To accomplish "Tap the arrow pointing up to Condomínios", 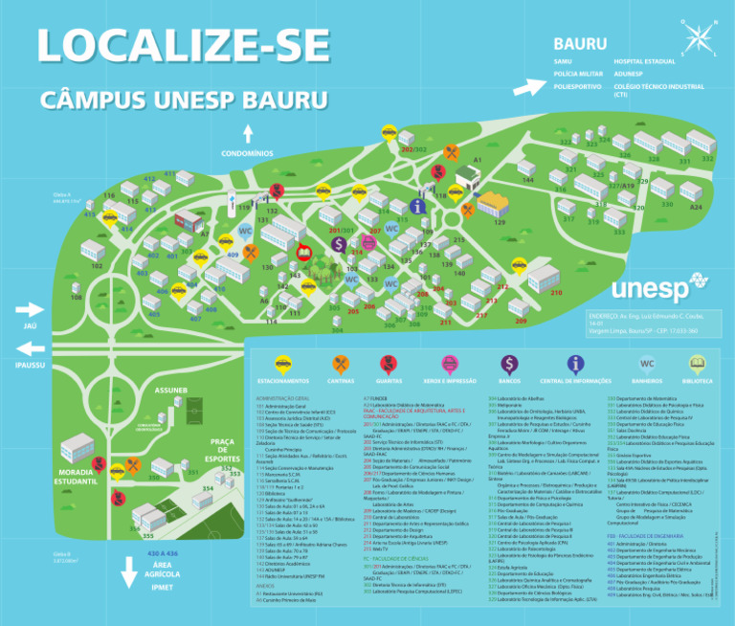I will click(247, 133).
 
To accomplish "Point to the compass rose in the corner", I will click(699, 37).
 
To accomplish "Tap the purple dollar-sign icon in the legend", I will click(509, 364).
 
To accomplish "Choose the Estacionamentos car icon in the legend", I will click(282, 364).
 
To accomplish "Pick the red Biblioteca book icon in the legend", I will click(698, 364).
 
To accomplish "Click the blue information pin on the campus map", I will click(416, 206).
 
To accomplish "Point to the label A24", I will click(696, 207).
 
